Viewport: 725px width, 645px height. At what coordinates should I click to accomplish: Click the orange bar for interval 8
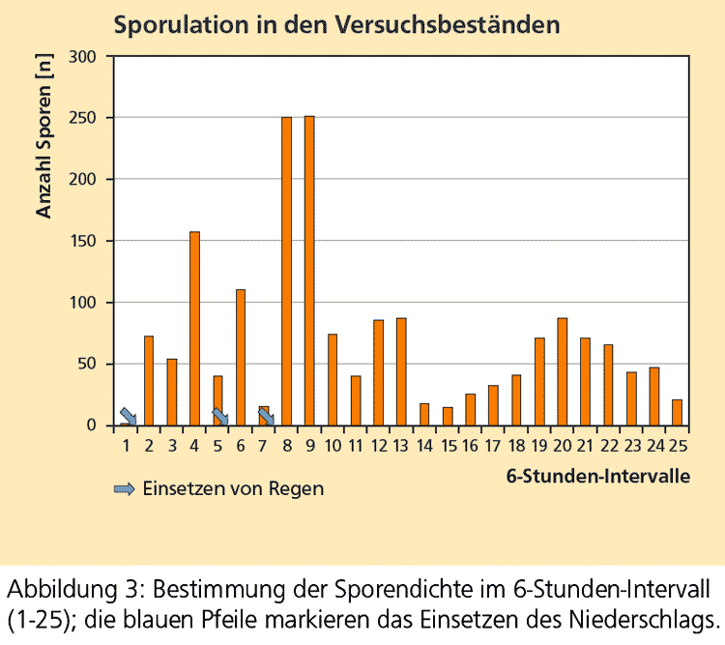pyautogui.click(x=286, y=271)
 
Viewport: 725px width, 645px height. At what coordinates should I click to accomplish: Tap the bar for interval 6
pyautogui.click(x=241, y=358)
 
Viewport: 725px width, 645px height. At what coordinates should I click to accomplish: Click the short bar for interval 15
pyautogui.click(x=448, y=417)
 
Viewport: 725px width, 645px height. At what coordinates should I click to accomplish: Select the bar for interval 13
pyautogui.click(x=401, y=371)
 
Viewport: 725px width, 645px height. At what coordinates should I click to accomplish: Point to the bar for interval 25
pyautogui.click(x=677, y=413)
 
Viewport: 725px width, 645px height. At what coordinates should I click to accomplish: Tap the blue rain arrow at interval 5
pyautogui.click(x=220, y=417)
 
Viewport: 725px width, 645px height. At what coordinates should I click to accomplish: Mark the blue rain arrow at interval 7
pyautogui.click(x=266, y=417)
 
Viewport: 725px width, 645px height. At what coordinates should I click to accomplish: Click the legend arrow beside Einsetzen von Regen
pyautogui.click(x=125, y=489)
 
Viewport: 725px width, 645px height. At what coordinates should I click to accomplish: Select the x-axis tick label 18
pyautogui.click(x=515, y=447)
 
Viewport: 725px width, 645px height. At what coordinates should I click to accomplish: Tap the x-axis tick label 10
pyautogui.click(x=332, y=447)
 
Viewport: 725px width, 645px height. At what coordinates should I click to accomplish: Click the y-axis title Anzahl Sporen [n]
pyautogui.click(x=44, y=134)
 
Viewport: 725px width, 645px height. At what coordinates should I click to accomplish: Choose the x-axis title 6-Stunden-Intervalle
pyautogui.click(x=597, y=477)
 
